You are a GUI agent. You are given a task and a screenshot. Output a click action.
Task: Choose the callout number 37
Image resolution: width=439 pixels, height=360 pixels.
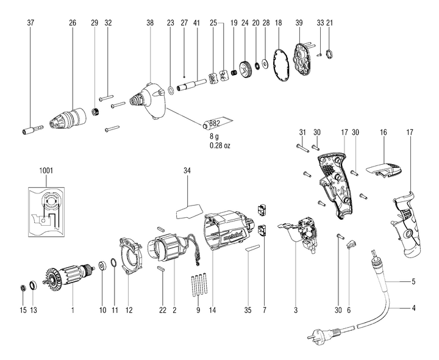pos(30,23)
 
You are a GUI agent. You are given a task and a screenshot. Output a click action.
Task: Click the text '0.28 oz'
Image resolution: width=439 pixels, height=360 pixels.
pos(220,146)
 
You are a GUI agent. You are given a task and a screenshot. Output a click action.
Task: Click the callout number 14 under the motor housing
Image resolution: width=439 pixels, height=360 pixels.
pos(213,311)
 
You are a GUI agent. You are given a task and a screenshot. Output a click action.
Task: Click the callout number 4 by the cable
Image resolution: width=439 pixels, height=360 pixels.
pos(413,309)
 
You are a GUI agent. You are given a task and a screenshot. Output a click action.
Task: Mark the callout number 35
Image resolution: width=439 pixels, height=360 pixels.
pos(248,311)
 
